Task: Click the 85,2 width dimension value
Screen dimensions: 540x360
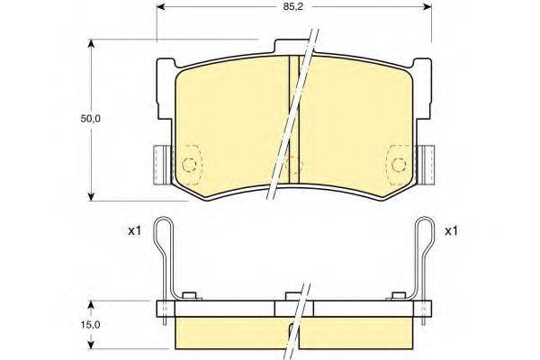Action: pyautogui.click(x=293, y=7)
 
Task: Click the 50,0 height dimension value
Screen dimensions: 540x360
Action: pyautogui.click(x=90, y=119)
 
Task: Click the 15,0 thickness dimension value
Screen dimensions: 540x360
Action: pyautogui.click(x=90, y=325)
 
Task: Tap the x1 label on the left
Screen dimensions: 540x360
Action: pyautogui.click(x=134, y=230)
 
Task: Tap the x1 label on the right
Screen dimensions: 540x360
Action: pyautogui.click(x=451, y=230)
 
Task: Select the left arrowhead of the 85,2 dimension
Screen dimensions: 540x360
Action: pyautogui.click(x=161, y=6)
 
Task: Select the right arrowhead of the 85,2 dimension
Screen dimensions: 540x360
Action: pyautogui.click(x=427, y=6)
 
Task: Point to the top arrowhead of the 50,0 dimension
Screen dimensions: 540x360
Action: pyautogui.click(x=91, y=44)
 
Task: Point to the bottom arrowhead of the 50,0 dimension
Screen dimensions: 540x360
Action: pyautogui.click(x=91, y=196)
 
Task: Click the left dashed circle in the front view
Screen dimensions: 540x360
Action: pyautogui.click(x=189, y=165)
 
